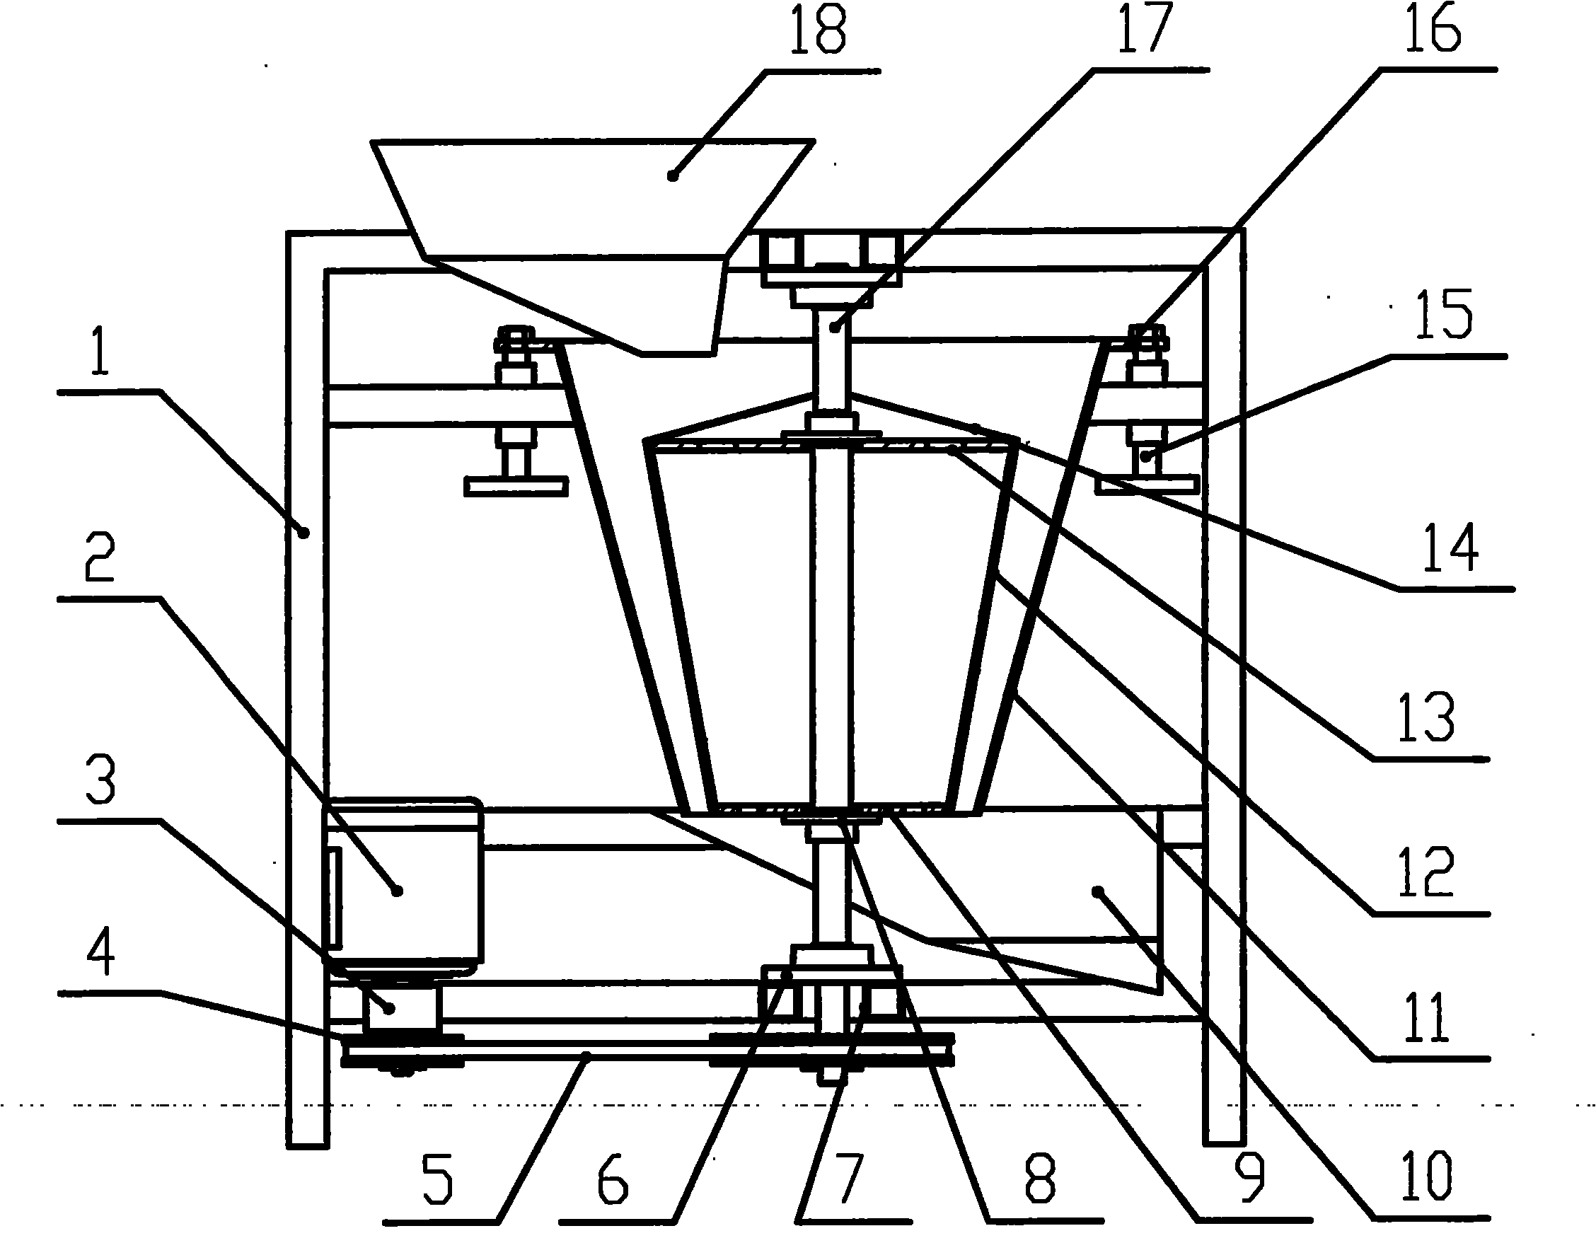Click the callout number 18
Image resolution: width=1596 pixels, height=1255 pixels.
[x=818, y=30]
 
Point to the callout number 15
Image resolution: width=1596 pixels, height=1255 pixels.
[x=1444, y=316]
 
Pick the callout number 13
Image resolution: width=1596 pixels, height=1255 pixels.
[x=1426, y=717]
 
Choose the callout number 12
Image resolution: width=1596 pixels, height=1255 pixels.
[x=1426, y=872]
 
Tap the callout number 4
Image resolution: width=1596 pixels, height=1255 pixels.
[x=100, y=952]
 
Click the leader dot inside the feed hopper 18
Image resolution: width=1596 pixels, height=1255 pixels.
[x=671, y=175]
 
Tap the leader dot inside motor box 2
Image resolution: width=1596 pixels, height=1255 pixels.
[x=398, y=891]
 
